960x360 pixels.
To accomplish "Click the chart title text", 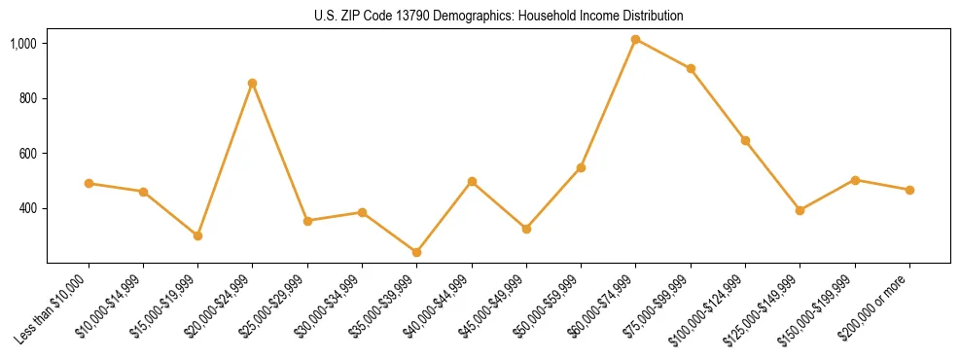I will tap(498, 17).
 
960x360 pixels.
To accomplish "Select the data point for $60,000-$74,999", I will tap(635, 39).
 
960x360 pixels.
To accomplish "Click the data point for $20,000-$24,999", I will tap(252, 83).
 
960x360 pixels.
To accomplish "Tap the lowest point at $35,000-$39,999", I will tap(416, 252).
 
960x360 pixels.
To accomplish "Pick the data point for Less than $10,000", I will tap(89, 183).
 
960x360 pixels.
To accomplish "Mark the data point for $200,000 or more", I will tap(909, 190).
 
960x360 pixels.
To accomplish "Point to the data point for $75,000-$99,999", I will tap(691, 68).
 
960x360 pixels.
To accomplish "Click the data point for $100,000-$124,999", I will tap(745, 140).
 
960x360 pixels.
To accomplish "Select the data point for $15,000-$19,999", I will tap(197, 235).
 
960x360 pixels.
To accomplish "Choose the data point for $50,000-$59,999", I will tap(581, 167).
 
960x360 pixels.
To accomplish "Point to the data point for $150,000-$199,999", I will tap(855, 180).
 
